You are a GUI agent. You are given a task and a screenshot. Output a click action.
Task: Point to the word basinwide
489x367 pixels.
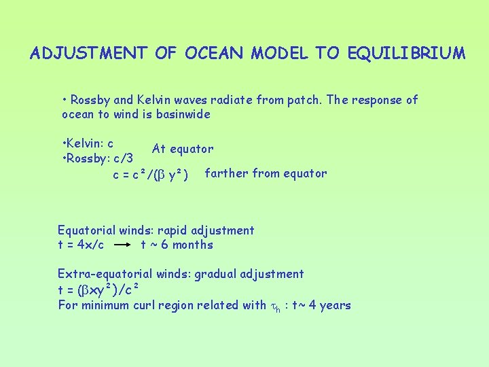click(183, 114)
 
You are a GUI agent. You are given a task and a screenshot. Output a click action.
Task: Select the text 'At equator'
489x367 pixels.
click(183, 149)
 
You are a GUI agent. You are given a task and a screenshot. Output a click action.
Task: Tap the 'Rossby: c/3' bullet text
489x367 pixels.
click(97, 158)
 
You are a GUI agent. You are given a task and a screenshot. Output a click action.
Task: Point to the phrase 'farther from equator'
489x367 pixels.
click(266, 173)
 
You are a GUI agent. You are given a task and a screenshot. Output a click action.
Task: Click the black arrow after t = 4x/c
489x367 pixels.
click(122, 245)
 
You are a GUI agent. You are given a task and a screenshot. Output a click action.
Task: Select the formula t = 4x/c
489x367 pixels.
click(81, 245)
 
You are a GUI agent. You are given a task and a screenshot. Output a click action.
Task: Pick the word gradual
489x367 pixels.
click(221, 274)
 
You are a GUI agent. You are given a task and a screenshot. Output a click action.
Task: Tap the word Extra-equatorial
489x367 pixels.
click(105, 274)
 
